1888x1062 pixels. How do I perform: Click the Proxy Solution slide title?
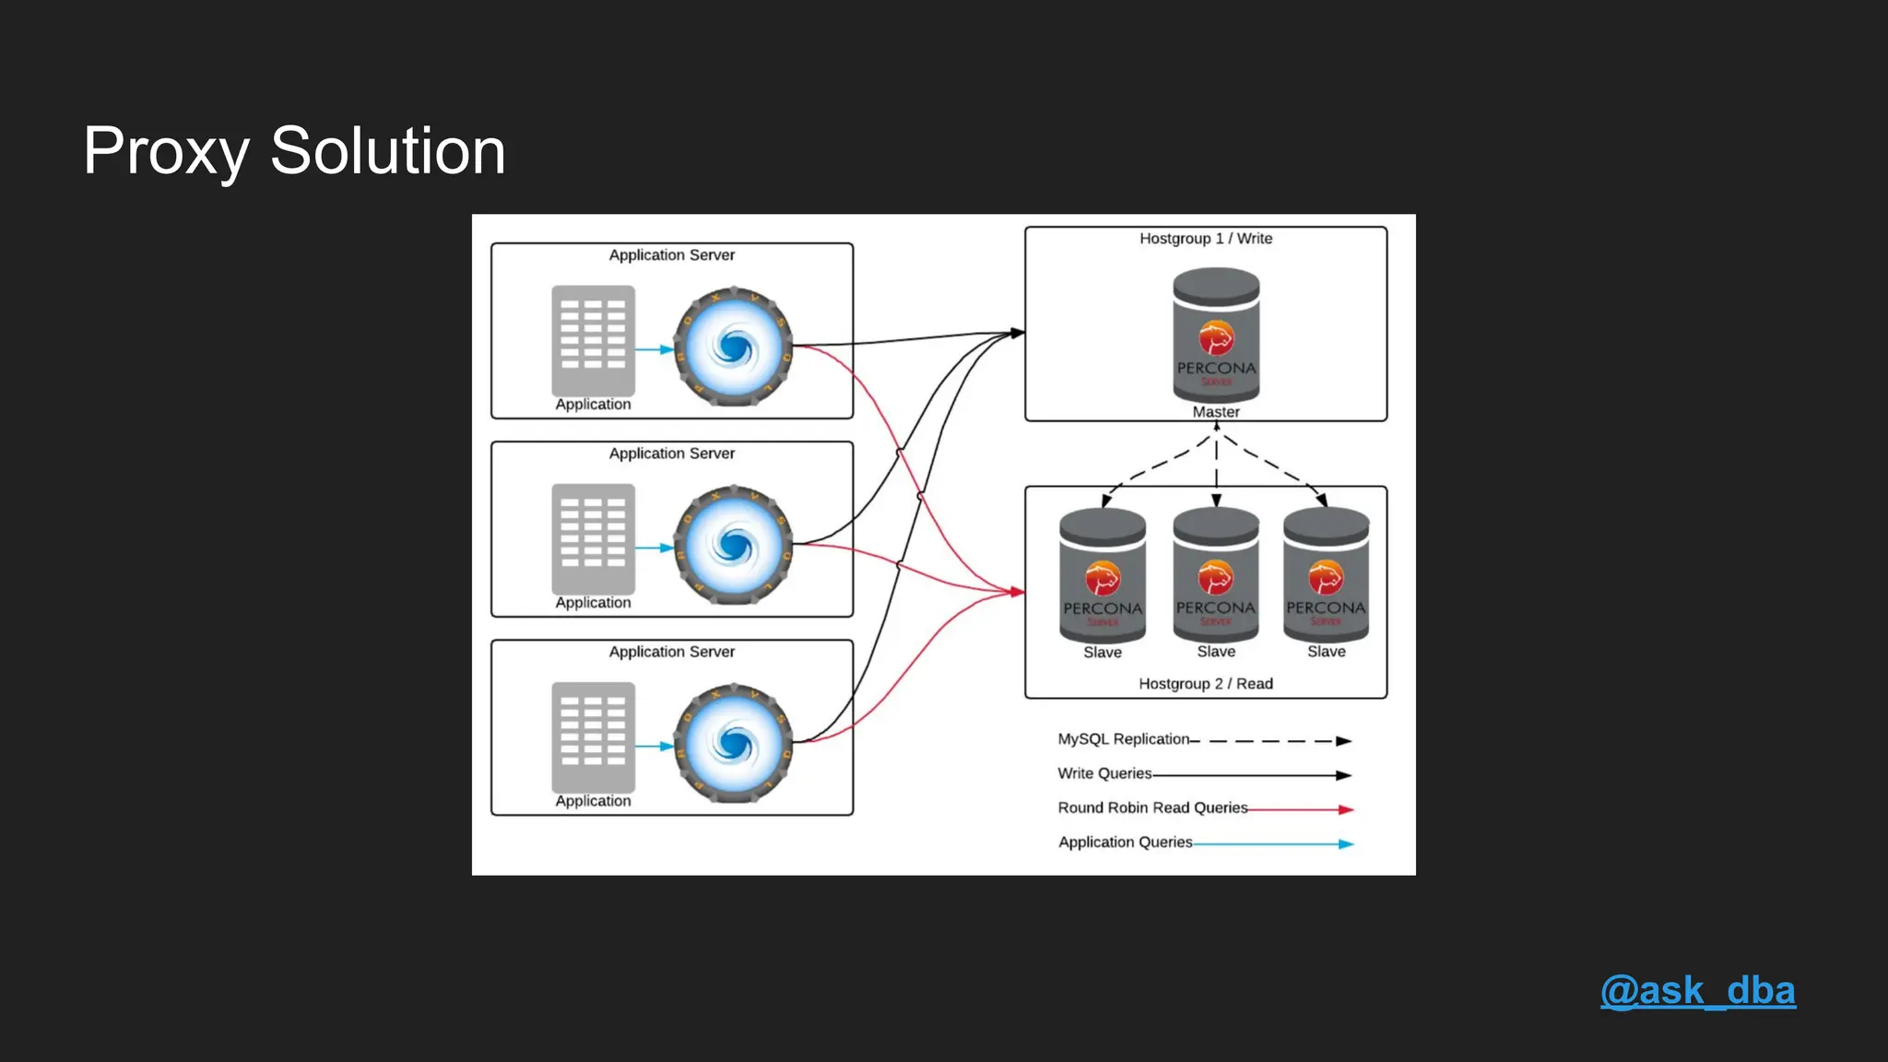click(294, 151)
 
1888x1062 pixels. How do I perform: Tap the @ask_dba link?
click(1697, 991)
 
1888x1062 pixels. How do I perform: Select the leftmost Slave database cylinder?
click(1103, 575)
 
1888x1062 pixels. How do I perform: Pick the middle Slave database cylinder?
click(1216, 575)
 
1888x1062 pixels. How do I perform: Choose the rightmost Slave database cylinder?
click(1326, 575)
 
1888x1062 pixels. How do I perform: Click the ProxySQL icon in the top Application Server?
click(733, 348)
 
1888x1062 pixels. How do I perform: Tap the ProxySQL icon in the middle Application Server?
click(733, 546)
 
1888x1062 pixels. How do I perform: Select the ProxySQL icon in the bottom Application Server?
click(733, 744)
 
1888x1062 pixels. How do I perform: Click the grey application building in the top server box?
click(593, 340)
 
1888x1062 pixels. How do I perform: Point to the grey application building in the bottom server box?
click(593, 737)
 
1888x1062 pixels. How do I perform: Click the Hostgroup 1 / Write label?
click(1206, 239)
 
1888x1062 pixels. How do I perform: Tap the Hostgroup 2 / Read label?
click(1206, 684)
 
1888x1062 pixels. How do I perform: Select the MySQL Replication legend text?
click(1124, 739)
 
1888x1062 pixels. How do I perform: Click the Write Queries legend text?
click(1104, 773)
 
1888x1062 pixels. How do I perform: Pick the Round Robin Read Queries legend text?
click(1152, 808)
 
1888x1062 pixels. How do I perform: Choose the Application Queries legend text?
click(1125, 842)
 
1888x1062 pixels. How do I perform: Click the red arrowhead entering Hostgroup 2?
click(1018, 592)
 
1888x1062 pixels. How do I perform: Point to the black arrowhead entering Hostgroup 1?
click(1018, 333)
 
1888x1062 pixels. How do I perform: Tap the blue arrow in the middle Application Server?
click(655, 548)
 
